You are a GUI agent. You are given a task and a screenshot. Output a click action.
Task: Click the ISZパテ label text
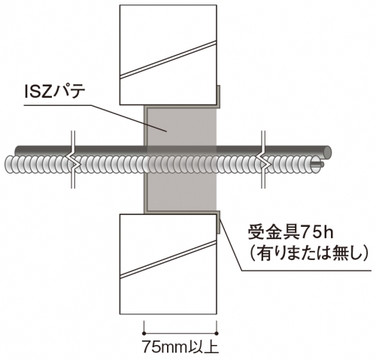click(x=55, y=92)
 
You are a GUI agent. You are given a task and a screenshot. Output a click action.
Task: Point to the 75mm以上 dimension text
click(x=180, y=346)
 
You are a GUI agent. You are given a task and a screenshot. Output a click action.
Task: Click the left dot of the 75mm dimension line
click(x=144, y=333)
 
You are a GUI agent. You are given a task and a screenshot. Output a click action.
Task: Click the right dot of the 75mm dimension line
click(x=217, y=333)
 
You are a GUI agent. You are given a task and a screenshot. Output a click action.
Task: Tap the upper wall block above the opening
click(x=168, y=55)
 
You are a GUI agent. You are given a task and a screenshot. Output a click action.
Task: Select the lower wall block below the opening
click(x=168, y=264)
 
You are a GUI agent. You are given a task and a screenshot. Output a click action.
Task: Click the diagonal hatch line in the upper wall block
click(x=168, y=59)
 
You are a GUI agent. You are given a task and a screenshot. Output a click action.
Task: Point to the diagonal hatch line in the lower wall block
click(x=168, y=259)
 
